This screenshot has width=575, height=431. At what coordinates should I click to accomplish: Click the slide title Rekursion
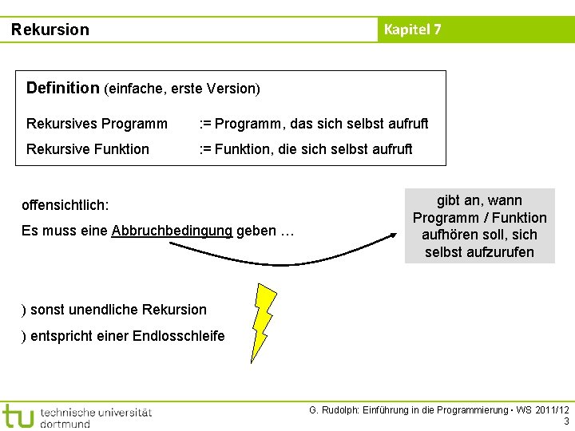click(50, 30)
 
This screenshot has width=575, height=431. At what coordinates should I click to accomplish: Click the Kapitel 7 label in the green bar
click(412, 30)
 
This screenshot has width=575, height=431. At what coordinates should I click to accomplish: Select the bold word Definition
click(62, 88)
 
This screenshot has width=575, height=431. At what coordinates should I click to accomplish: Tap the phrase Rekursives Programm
click(97, 124)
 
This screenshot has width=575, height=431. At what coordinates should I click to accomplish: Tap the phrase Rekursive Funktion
click(87, 149)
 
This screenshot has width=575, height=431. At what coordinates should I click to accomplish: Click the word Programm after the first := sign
click(244, 124)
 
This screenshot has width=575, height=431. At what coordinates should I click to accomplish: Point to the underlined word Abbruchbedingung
click(172, 231)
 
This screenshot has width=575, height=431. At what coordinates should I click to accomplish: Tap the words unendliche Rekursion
click(135, 310)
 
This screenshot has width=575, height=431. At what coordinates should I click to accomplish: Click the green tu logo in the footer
click(18, 415)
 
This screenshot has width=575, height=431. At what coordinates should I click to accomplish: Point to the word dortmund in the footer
click(65, 424)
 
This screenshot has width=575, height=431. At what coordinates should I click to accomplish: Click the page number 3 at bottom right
click(566, 421)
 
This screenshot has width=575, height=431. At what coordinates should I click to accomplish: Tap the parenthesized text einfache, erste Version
click(181, 89)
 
